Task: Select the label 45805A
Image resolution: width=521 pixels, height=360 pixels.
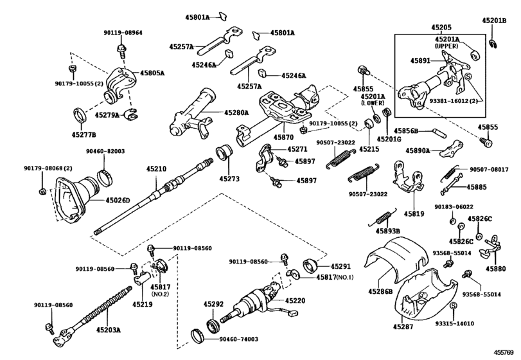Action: pos(153,73)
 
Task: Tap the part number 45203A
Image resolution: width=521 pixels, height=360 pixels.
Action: pos(113,330)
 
